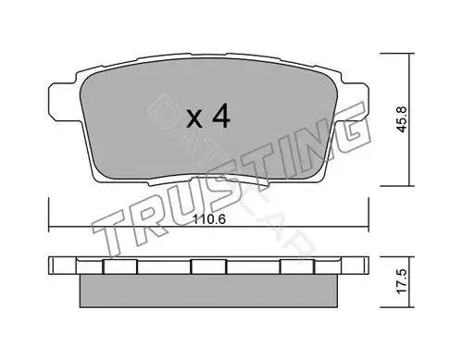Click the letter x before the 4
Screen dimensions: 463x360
point(194,119)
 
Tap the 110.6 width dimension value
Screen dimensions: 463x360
point(209,219)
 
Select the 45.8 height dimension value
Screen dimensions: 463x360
point(402,119)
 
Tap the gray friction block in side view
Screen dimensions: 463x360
point(208,291)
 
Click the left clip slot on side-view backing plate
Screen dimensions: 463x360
point(119,267)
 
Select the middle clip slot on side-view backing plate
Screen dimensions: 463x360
point(208,267)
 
